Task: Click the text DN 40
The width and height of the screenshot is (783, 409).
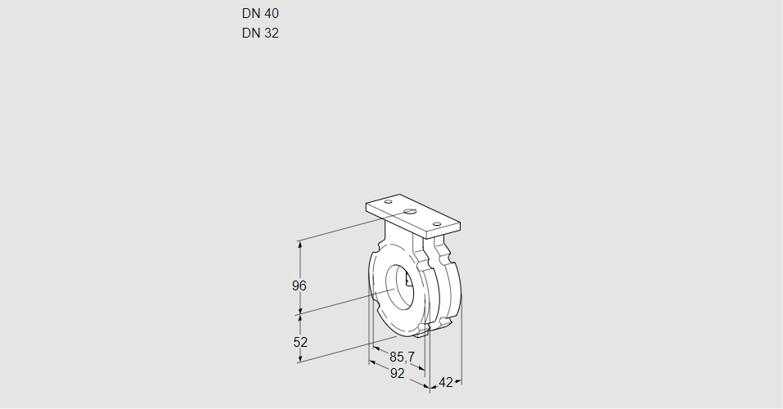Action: (x=260, y=14)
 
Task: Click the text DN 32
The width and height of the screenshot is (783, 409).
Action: (x=260, y=34)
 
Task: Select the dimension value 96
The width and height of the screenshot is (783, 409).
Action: (x=299, y=285)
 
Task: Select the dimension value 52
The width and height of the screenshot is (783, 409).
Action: (x=299, y=342)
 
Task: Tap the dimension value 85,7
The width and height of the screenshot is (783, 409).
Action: (x=403, y=357)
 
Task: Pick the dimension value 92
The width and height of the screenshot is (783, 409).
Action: (x=397, y=373)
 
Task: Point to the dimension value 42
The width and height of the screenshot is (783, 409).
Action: (x=446, y=382)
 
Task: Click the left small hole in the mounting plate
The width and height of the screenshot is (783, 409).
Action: (x=389, y=201)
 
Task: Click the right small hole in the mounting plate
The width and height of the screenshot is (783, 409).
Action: (x=437, y=223)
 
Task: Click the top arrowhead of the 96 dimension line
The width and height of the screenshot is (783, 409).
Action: (x=300, y=244)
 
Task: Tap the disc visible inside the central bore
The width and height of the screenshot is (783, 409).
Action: (x=407, y=282)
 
